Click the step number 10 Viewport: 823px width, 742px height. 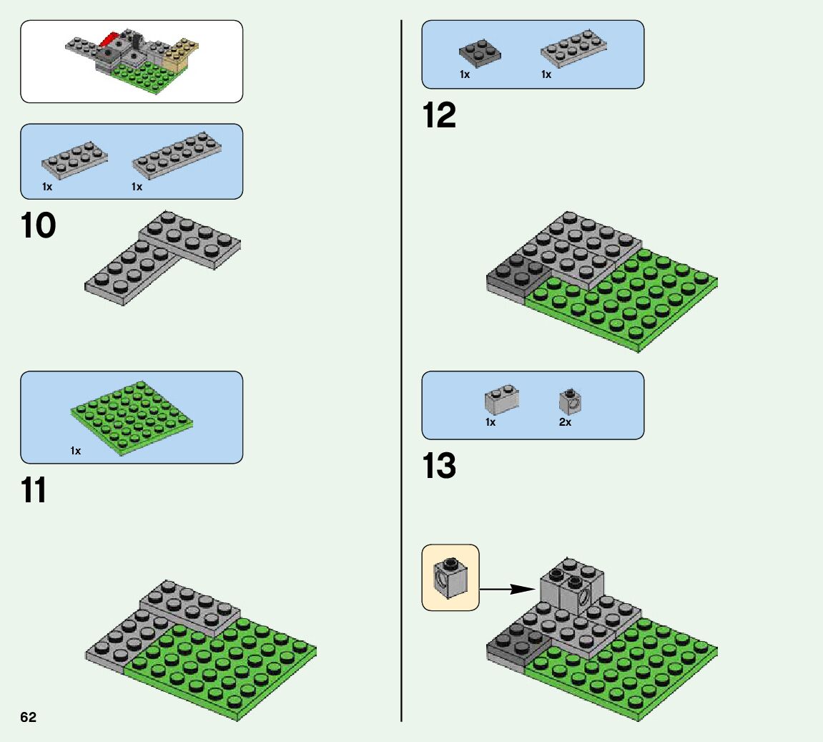click(x=39, y=226)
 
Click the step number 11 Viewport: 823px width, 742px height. click(x=34, y=491)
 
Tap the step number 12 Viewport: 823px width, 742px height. click(x=439, y=115)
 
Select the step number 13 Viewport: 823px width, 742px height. click(x=439, y=467)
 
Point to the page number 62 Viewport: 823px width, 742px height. click(x=29, y=718)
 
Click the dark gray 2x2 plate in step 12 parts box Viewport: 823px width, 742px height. click(x=479, y=53)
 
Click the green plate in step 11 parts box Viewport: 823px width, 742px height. click(x=132, y=419)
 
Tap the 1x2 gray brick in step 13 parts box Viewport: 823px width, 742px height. click(x=501, y=399)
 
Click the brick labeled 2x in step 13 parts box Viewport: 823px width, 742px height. click(x=569, y=402)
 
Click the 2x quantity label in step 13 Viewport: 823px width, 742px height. click(x=565, y=422)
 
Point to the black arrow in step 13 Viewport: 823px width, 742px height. click(x=507, y=590)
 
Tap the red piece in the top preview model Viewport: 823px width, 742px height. click(x=111, y=38)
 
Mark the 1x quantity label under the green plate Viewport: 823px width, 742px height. click(x=76, y=451)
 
